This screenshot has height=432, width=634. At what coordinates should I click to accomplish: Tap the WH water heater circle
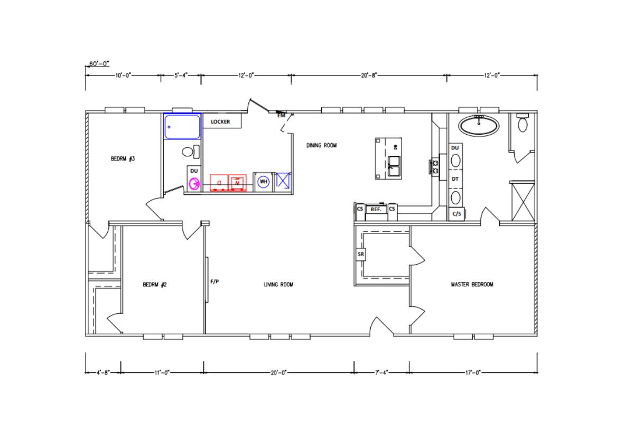[x=263, y=182]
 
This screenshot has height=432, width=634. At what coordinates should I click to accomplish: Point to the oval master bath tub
[x=478, y=125]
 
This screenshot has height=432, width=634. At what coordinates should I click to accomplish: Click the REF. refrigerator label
[x=376, y=210]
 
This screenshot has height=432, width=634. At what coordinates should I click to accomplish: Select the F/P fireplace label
[x=215, y=281]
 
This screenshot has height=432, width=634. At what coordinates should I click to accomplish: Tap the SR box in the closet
[x=361, y=255]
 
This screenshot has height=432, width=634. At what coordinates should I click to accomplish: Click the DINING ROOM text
[x=321, y=145]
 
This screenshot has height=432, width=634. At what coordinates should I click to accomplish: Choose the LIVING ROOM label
[x=278, y=285]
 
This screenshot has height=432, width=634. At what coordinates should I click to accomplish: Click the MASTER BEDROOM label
[x=472, y=285]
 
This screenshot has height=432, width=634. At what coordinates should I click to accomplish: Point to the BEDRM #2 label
[x=155, y=285]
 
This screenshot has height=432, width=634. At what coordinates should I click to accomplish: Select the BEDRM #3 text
[x=123, y=158]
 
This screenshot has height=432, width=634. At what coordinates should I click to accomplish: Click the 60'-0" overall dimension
[x=98, y=63]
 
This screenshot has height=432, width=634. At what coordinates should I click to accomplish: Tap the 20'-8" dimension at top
[x=368, y=76]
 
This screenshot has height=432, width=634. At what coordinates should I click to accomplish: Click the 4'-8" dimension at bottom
[x=103, y=372]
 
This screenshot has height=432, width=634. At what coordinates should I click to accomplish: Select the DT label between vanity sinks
[x=455, y=180]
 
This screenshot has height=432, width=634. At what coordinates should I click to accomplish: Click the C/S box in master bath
[x=455, y=214]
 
